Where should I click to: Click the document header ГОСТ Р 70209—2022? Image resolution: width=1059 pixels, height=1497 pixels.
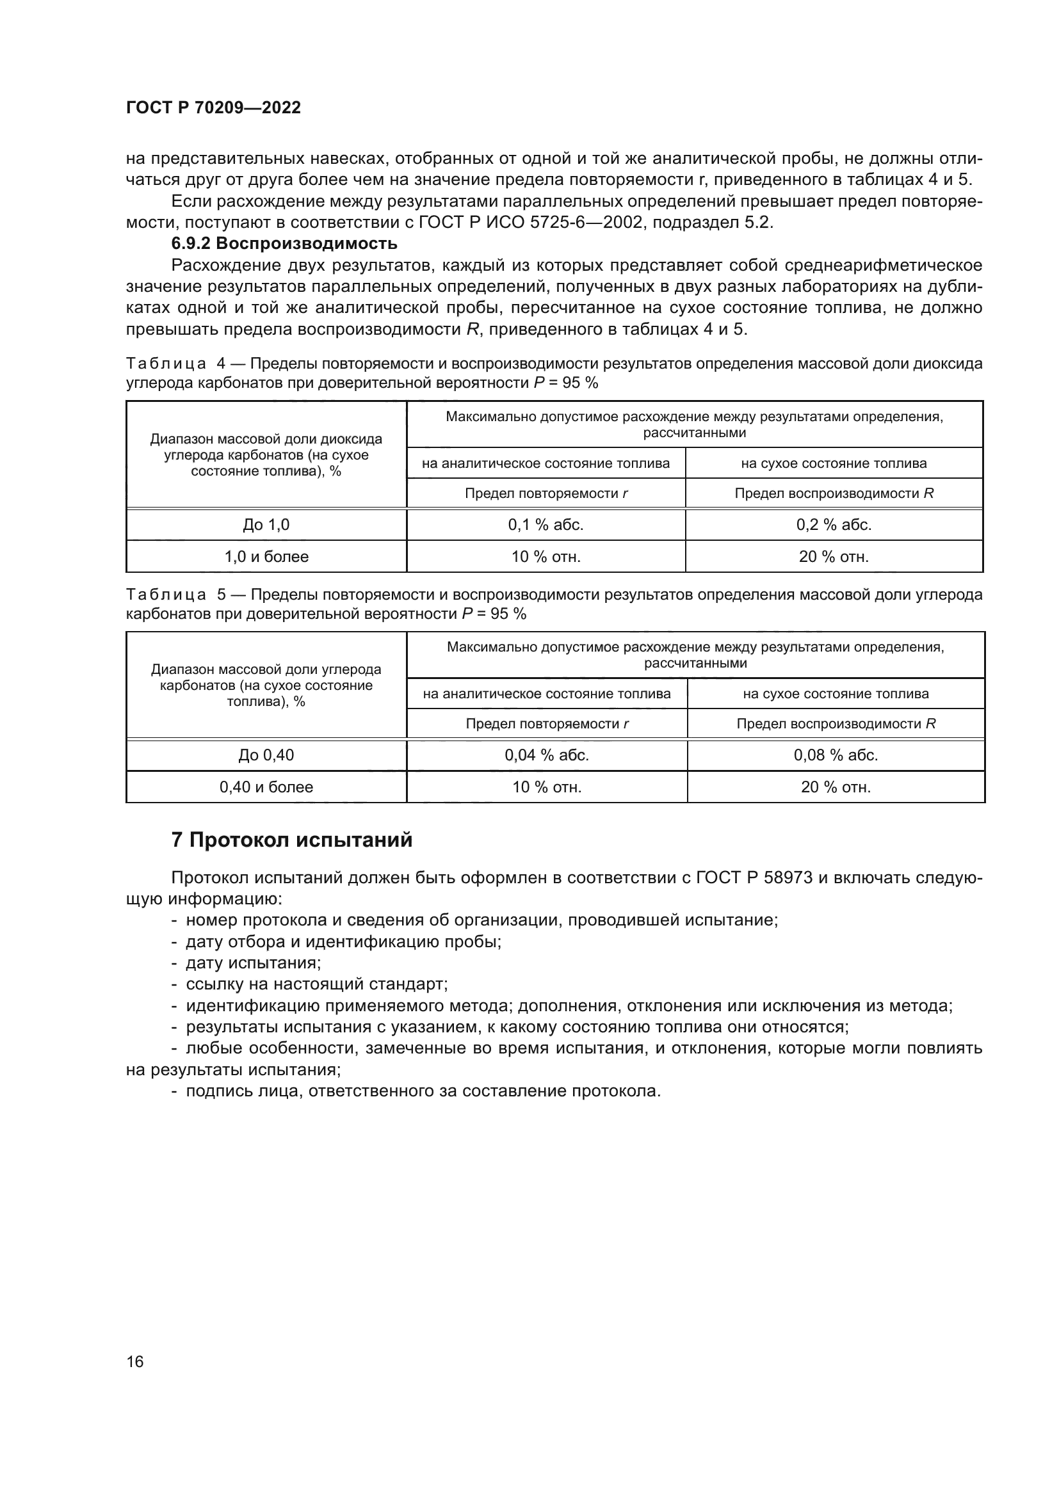coord(213,108)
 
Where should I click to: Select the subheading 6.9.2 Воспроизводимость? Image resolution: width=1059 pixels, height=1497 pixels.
coord(284,244)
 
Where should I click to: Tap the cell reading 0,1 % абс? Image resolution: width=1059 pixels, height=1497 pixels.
coord(545,525)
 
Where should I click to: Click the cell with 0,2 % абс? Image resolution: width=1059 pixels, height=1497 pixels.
coord(834,525)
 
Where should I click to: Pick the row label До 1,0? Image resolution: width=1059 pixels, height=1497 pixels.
coord(266,525)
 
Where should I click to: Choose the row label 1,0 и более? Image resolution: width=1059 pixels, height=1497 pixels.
coord(266,557)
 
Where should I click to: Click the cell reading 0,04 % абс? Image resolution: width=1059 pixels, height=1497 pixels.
coord(546,755)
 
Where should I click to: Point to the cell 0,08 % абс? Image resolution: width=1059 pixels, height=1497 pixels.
coord(836,755)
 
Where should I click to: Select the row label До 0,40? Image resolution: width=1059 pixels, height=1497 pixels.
coord(266,755)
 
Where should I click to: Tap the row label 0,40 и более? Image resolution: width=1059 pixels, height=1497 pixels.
coord(266,787)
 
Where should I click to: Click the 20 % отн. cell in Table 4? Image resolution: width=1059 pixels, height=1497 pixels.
coord(834,557)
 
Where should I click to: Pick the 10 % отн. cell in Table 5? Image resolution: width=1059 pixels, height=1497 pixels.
coord(546,787)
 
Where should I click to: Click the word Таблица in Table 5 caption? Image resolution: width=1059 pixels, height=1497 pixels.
coord(166,595)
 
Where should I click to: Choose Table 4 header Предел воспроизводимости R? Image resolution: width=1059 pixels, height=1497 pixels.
coord(834,493)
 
